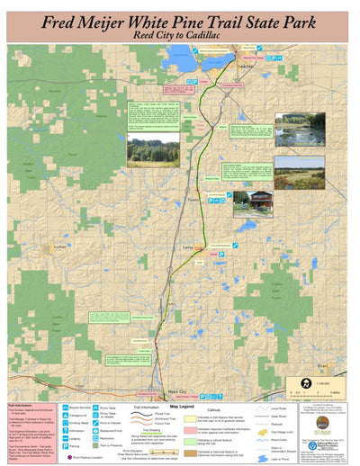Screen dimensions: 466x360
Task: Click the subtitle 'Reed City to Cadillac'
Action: (180, 33)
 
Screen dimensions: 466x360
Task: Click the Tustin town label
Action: (193, 197)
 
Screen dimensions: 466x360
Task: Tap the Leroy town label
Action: (188, 245)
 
